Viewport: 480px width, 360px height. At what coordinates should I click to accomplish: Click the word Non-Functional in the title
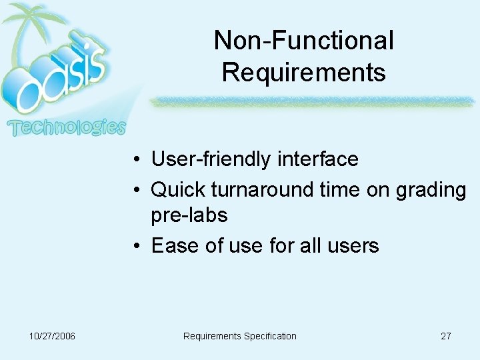coord(303,41)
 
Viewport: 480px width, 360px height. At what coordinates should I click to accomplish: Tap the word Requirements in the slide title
coord(303,72)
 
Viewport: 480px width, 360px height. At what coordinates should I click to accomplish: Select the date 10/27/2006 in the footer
coord(53,336)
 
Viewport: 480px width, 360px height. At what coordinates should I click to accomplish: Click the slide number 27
coord(446,336)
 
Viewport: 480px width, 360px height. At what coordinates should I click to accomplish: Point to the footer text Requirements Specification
coord(239,336)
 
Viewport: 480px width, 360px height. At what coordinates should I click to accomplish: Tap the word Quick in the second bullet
coord(178,190)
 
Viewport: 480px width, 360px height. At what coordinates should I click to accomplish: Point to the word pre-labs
coord(189,215)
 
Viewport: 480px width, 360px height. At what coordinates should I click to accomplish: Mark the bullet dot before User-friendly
coord(135,160)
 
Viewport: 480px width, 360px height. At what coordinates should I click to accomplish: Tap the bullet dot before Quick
coord(135,191)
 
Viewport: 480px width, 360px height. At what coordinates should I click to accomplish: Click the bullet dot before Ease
coord(135,246)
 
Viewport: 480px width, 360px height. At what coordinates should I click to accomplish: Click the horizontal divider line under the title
coord(310,101)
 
